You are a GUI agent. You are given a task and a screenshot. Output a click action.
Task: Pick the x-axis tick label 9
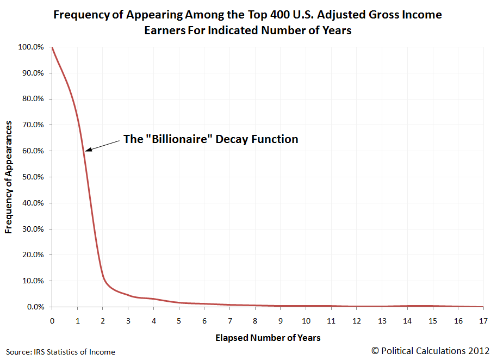pos(281,319)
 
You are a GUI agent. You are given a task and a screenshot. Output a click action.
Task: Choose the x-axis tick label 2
pos(103,319)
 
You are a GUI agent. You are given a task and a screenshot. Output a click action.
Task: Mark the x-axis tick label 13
pos(383,319)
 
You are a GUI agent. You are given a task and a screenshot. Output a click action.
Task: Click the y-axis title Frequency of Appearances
pos(9,177)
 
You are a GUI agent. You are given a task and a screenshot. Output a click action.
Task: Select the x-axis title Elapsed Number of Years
pos(268,338)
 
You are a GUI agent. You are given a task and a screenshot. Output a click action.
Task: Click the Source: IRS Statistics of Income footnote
pos(60,352)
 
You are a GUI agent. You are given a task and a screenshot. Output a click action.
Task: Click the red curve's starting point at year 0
pos(52,47)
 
